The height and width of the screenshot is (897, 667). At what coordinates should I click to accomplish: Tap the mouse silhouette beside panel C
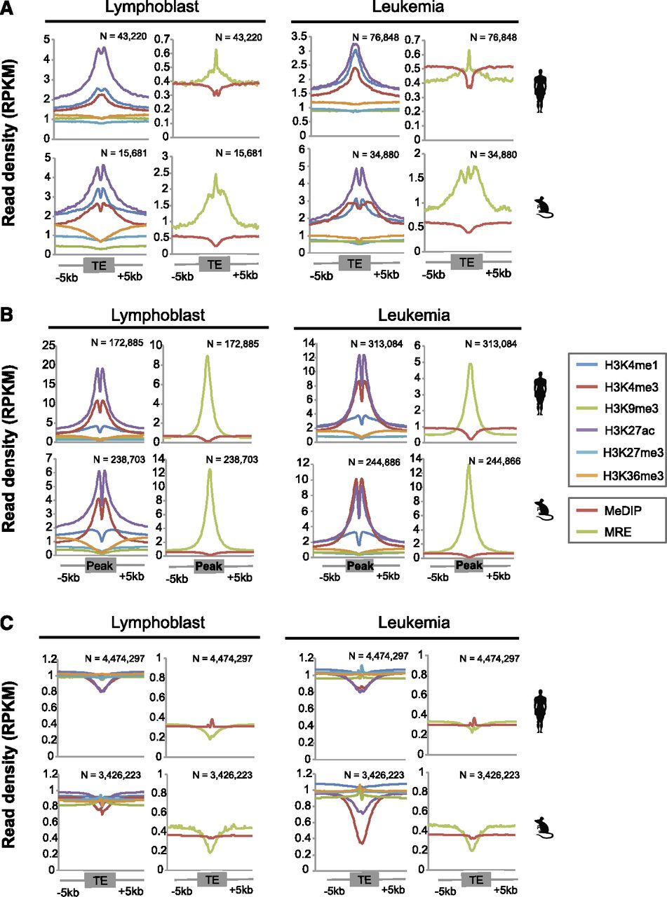coord(545,828)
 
